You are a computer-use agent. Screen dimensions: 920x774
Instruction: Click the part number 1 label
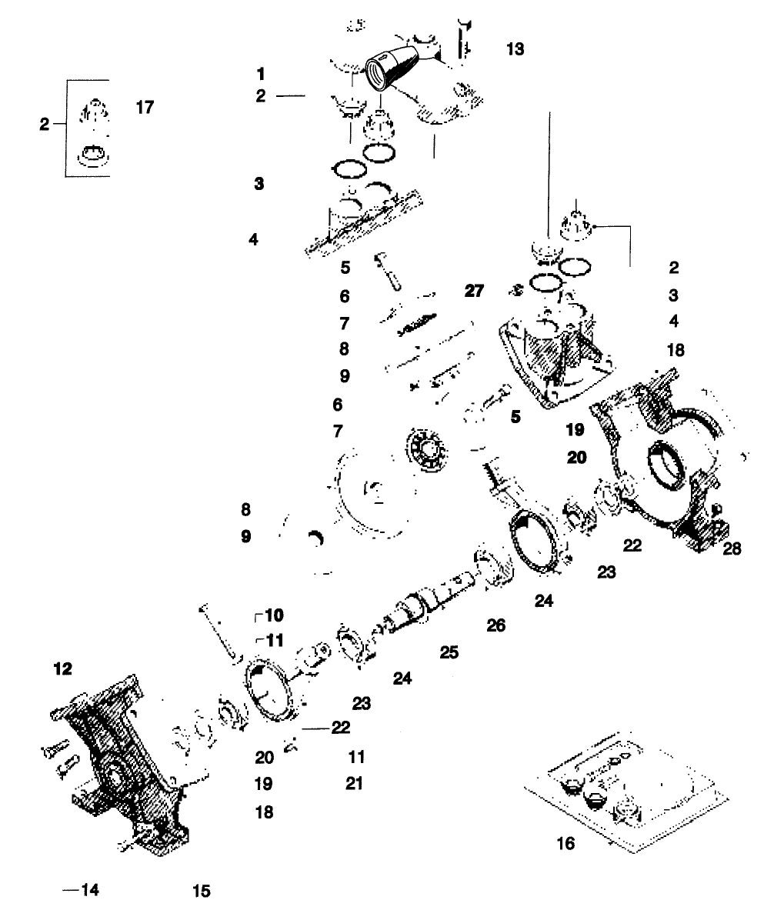coord(261,74)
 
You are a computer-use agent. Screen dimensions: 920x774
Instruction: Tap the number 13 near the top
coord(515,49)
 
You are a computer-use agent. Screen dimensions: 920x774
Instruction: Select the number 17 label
coord(145,107)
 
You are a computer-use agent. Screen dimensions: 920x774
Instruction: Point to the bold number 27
coord(475,291)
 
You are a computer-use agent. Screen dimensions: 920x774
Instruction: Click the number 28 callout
coord(732,548)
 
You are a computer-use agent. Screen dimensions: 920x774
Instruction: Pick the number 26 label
coord(496,625)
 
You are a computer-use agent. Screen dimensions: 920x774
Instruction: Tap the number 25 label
coord(449,653)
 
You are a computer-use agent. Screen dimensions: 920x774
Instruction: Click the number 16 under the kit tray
coord(565,844)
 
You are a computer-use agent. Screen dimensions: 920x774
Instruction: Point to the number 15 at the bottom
coord(201,891)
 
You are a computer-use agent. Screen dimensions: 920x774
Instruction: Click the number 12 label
coord(62,669)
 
